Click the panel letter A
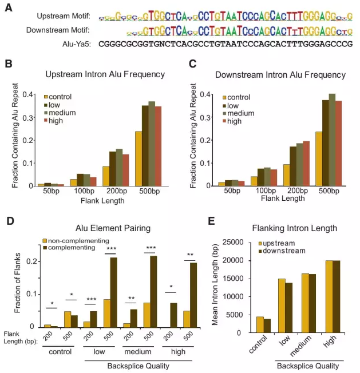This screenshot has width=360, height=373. tap(8, 6)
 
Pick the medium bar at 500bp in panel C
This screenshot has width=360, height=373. tap(332, 140)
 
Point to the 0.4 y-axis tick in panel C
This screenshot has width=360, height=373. tap(212, 95)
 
